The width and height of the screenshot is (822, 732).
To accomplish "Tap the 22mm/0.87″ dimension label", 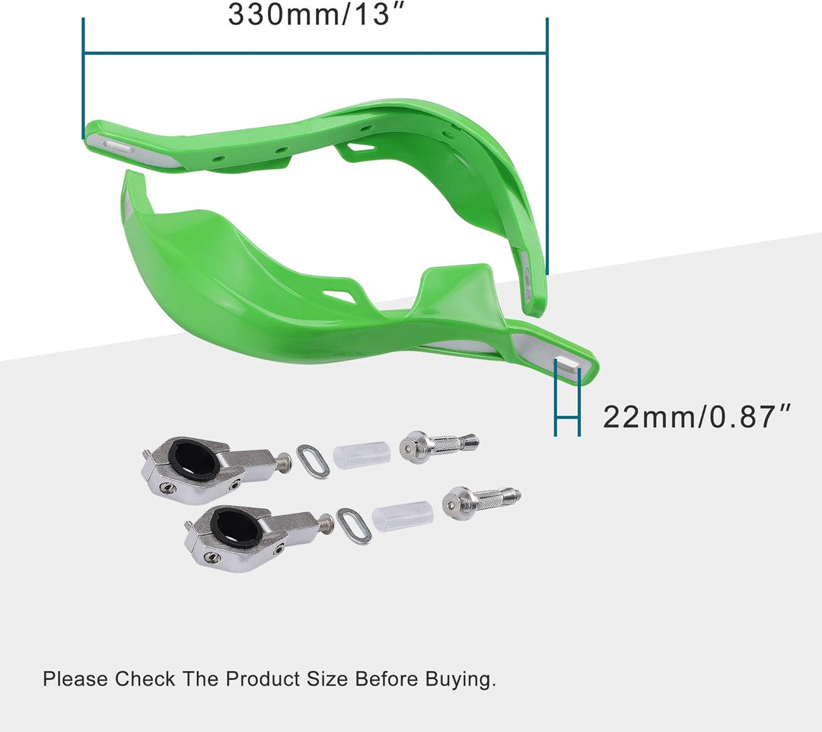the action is tap(696, 417).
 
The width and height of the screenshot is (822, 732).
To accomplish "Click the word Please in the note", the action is tap(75, 679).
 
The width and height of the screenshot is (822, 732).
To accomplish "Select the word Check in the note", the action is tap(145, 679).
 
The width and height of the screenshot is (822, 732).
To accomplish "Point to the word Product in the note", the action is tap(263, 679).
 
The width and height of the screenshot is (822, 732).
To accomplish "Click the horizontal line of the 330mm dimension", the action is tap(315, 53).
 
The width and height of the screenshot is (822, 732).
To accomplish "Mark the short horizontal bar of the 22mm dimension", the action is tap(568, 417).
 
